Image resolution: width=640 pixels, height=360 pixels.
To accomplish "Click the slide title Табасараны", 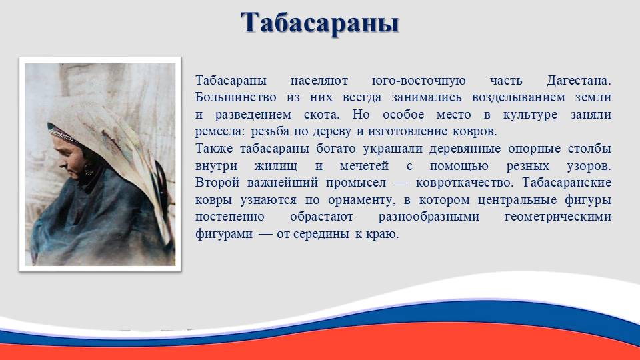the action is tap(319, 23).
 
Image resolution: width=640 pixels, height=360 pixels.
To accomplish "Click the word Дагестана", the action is tap(579, 81).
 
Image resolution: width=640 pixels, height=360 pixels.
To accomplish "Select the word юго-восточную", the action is tap(419, 81).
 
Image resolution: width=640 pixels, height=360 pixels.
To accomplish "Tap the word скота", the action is tap(321, 115).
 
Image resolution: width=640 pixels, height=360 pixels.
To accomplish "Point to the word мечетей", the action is tap(364, 166).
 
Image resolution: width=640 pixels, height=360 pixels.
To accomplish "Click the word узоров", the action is tap(589, 166).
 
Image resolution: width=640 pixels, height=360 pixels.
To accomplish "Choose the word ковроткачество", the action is tap(465, 183).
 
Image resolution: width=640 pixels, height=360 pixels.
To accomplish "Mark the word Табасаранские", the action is tap(567, 183).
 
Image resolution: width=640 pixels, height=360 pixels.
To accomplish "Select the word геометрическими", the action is tap(558, 217).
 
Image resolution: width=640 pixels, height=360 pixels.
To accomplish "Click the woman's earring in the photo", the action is tap(88, 169).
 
